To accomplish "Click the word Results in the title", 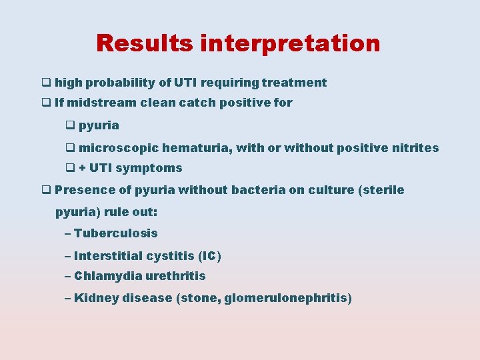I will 145,43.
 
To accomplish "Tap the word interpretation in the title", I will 290,43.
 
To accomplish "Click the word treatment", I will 294,83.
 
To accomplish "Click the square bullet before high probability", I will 46,83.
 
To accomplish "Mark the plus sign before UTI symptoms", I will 82,169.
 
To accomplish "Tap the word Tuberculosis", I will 116,233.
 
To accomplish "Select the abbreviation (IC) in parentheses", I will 209,256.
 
